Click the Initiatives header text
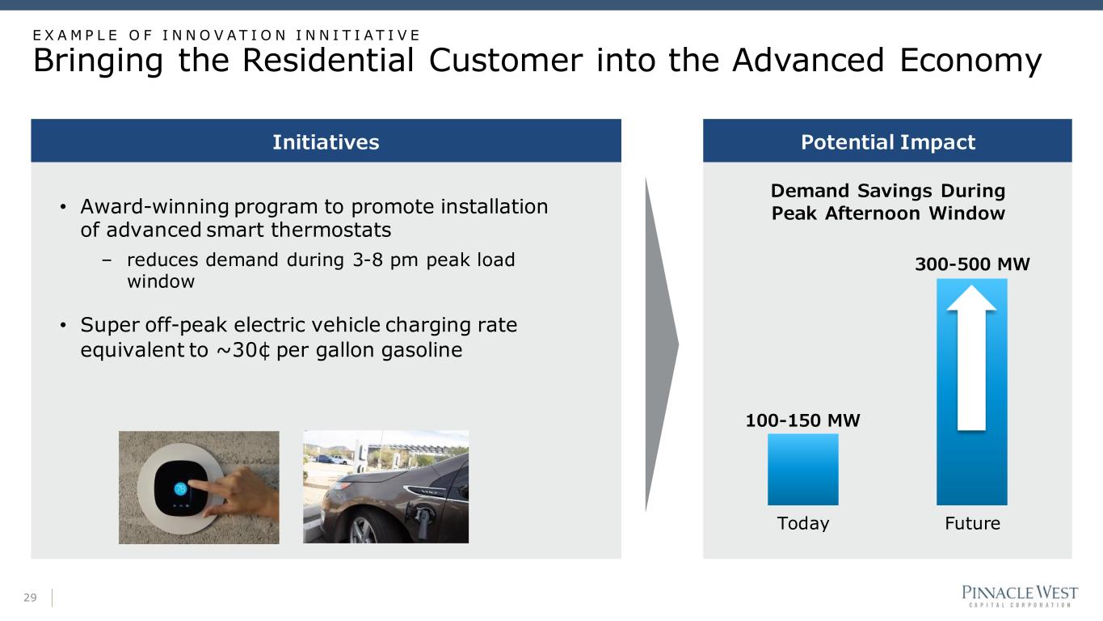326,142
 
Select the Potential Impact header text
888,142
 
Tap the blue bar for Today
802,469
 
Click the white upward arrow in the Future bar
971,358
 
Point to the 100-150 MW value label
802,420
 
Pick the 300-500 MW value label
972,264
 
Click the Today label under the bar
803,523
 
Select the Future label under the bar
973,523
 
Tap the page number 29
30,598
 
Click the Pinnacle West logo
1020,596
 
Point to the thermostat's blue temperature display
181,488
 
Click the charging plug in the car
423,522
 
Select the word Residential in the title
328,60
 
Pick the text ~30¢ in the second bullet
243,350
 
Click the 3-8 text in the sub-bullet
368,260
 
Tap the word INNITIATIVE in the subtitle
357,35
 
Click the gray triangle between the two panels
662,345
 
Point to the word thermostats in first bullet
331,230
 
